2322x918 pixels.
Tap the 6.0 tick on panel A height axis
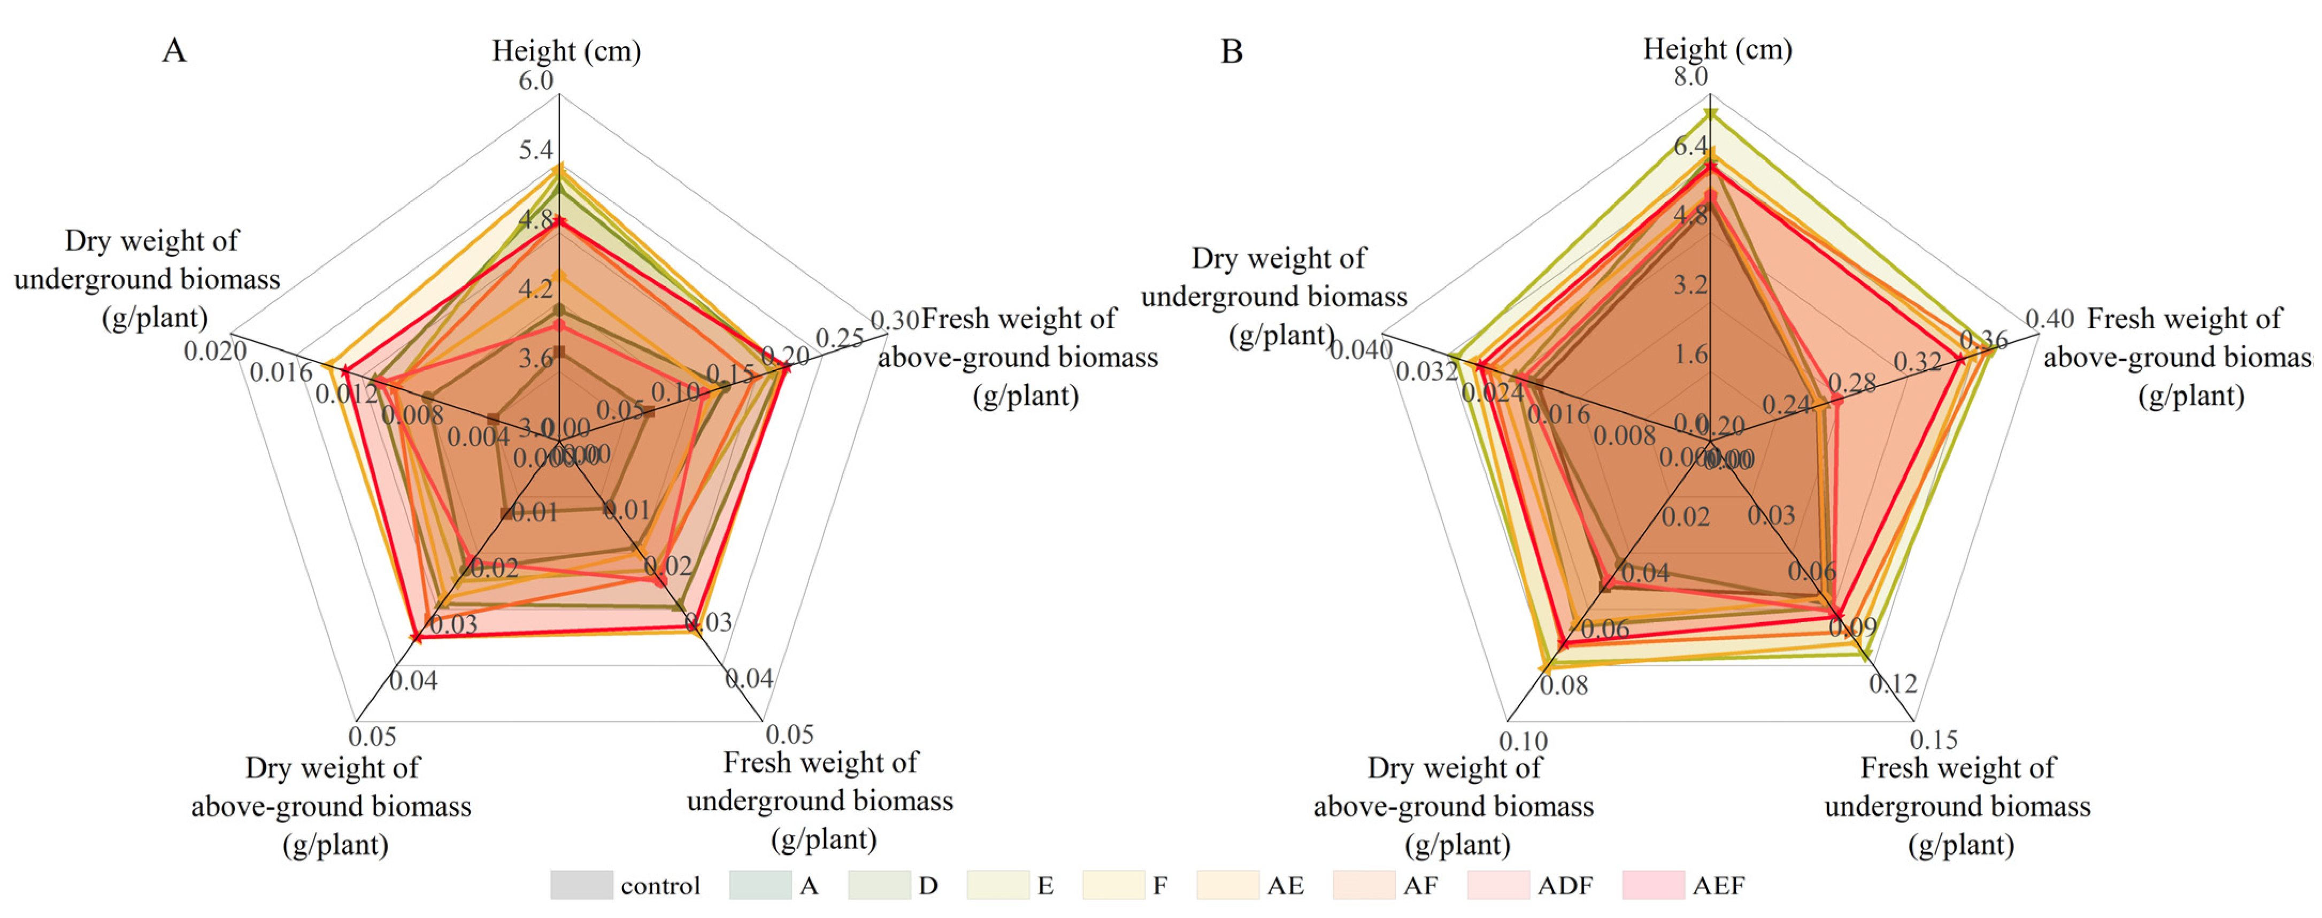[x=535, y=80]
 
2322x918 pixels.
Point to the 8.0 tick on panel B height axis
[x=1691, y=76]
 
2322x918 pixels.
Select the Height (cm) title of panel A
[x=566, y=50]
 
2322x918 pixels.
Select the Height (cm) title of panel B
[x=1717, y=49]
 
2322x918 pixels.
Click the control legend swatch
[x=581, y=885]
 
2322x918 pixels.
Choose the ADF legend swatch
[x=1498, y=885]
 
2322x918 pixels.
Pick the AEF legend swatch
[x=1653, y=885]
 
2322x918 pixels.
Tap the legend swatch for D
[x=879, y=885]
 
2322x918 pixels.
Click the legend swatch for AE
[x=1228, y=885]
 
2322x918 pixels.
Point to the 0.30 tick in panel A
[x=894, y=320]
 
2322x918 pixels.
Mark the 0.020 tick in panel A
[x=216, y=350]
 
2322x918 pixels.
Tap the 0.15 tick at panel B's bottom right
[x=1934, y=739]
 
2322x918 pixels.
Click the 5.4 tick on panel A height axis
[x=535, y=150]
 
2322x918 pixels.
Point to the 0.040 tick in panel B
[x=1361, y=349]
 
